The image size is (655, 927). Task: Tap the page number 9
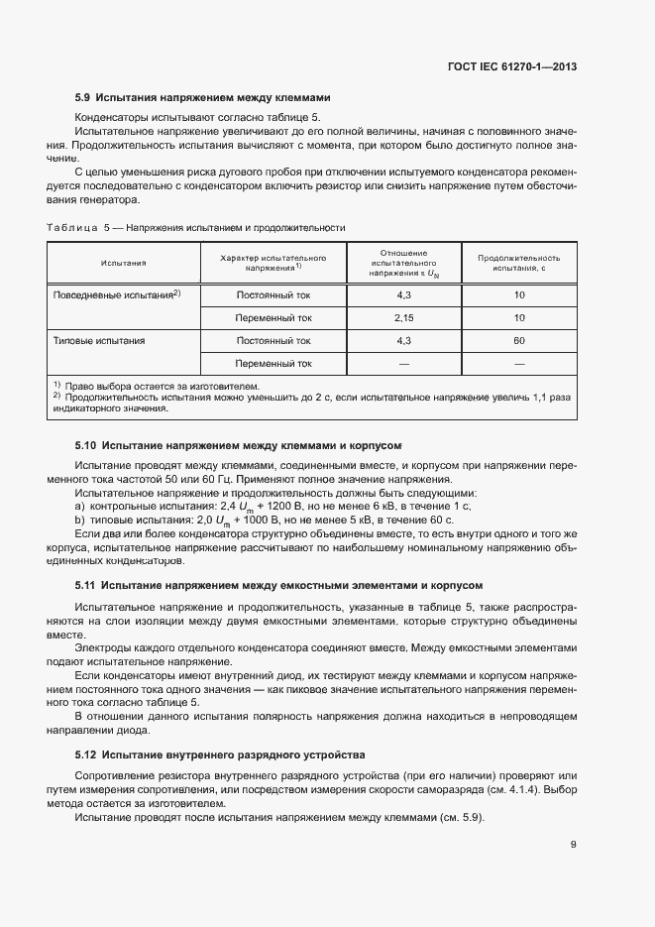(x=573, y=844)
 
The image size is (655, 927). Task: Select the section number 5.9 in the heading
(x=83, y=98)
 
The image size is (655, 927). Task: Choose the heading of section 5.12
(x=220, y=753)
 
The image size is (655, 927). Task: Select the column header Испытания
(x=123, y=263)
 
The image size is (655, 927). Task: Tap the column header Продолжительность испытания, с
(x=519, y=263)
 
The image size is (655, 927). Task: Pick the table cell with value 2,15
(x=403, y=318)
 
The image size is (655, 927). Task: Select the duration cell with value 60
(x=519, y=341)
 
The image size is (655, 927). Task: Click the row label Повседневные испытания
(x=114, y=295)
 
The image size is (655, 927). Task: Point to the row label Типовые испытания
(x=98, y=341)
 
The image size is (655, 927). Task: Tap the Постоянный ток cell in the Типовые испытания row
(x=273, y=341)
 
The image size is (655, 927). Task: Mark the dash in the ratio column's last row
(x=403, y=364)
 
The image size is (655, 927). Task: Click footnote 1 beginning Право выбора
(x=159, y=385)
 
